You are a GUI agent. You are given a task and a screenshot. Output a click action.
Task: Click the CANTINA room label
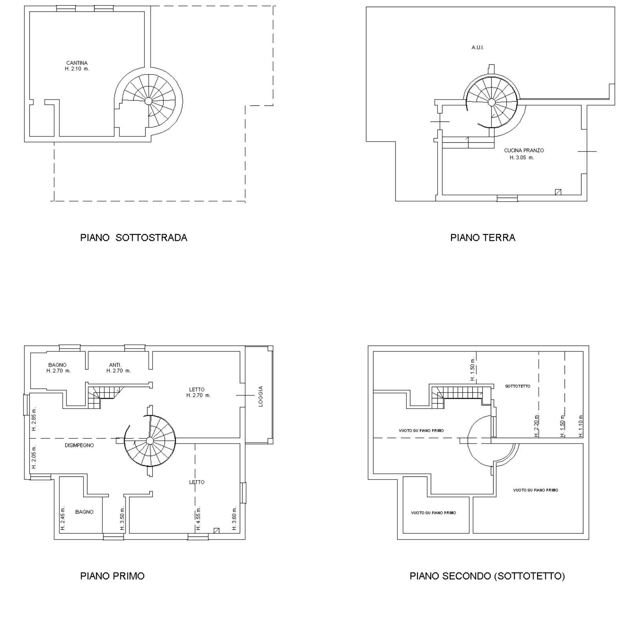[x=77, y=63]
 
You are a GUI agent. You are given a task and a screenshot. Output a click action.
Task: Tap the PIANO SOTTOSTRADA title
[x=134, y=238]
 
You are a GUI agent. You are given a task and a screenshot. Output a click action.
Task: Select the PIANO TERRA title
[x=483, y=238]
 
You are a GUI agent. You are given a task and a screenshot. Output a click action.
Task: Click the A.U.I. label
[x=477, y=47]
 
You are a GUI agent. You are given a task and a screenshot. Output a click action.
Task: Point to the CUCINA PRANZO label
[x=524, y=150]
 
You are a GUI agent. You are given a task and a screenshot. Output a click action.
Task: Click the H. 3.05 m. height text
[x=522, y=158]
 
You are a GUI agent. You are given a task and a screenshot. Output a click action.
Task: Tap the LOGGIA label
[x=261, y=396]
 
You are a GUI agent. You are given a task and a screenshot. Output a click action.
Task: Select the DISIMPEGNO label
[x=79, y=445]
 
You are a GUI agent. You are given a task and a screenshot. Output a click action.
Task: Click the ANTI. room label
[x=115, y=365]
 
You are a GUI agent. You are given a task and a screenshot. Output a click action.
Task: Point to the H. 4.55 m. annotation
[x=199, y=518]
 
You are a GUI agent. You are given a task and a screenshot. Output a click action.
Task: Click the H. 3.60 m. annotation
[x=235, y=518]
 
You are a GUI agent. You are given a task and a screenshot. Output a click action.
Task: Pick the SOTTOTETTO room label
[x=518, y=386]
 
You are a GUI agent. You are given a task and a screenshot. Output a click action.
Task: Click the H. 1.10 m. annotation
[x=581, y=425]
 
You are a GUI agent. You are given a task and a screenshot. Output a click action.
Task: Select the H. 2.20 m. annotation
[x=536, y=425]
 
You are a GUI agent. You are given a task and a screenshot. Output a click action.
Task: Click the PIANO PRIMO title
[x=112, y=576]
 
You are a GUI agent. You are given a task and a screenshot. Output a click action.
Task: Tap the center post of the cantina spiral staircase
[x=148, y=101]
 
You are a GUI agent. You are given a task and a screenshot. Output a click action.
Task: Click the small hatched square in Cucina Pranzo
[x=558, y=192]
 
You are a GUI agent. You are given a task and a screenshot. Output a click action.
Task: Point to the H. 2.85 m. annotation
[x=34, y=419]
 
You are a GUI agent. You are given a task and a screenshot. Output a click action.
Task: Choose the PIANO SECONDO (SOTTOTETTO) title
[x=487, y=576]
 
